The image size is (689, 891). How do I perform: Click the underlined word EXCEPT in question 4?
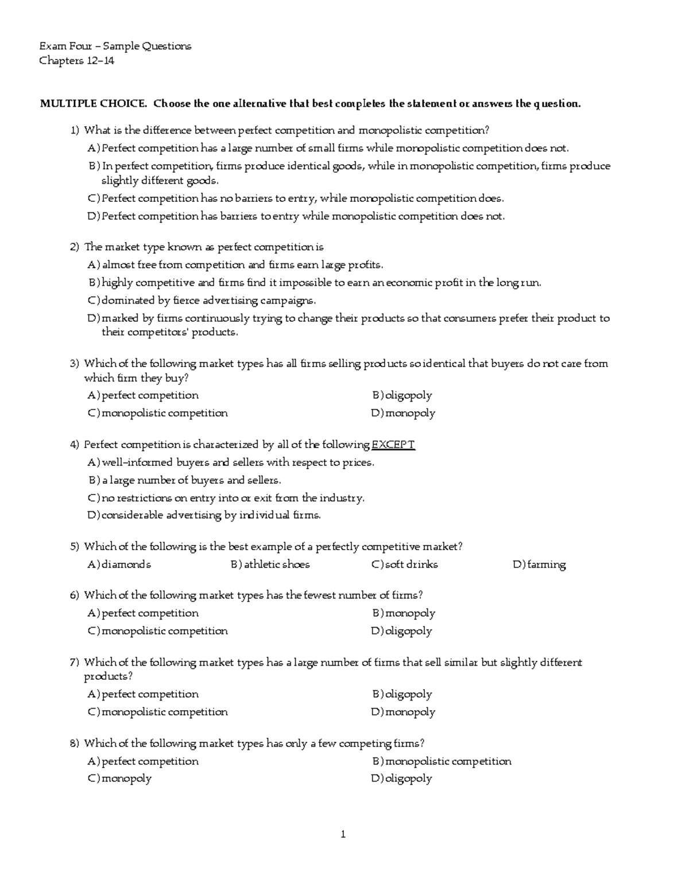pyautogui.click(x=393, y=445)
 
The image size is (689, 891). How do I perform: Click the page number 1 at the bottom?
pyautogui.click(x=343, y=834)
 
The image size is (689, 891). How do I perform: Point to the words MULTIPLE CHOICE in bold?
pyautogui.click(x=92, y=104)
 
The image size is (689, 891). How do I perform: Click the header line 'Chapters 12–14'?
pyautogui.click(x=76, y=61)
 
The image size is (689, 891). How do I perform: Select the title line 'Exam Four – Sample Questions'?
pyautogui.click(x=115, y=46)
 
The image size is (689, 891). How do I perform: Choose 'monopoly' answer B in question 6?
pyautogui.click(x=410, y=613)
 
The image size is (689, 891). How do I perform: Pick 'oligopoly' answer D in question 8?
pyautogui.click(x=408, y=779)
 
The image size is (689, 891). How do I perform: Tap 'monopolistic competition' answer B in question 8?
pyautogui.click(x=448, y=761)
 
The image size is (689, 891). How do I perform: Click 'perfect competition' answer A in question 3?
pyautogui.click(x=150, y=395)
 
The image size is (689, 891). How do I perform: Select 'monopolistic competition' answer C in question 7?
pyautogui.click(x=164, y=712)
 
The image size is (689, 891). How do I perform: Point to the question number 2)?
pyautogui.click(x=75, y=247)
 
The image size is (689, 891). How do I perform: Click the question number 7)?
pyautogui.click(x=75, y=663)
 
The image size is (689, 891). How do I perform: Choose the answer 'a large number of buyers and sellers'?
pyautogui.click(x=191, y=480)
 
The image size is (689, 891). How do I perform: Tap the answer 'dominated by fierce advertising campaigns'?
pyautogui.click(x=208, y=301)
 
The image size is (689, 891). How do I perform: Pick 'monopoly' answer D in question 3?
pyautogui.click(x=410, y=413)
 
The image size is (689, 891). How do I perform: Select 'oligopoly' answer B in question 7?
pyautogui.click(x=408, y=694)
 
